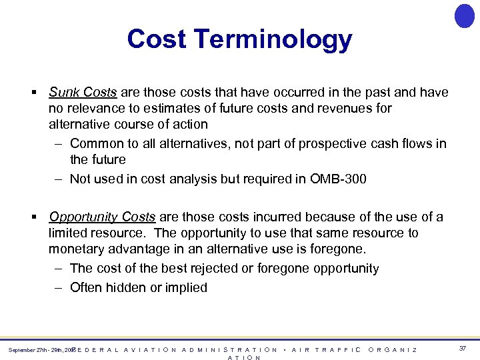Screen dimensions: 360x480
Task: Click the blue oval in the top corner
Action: tap(464, 16)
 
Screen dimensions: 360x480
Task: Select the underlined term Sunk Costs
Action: tap(83, 93)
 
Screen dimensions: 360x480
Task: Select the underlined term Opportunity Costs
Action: tap(102, 217)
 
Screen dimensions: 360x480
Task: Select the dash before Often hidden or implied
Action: tap(57, 287)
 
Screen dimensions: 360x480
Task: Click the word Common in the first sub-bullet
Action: tap(95, 143)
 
